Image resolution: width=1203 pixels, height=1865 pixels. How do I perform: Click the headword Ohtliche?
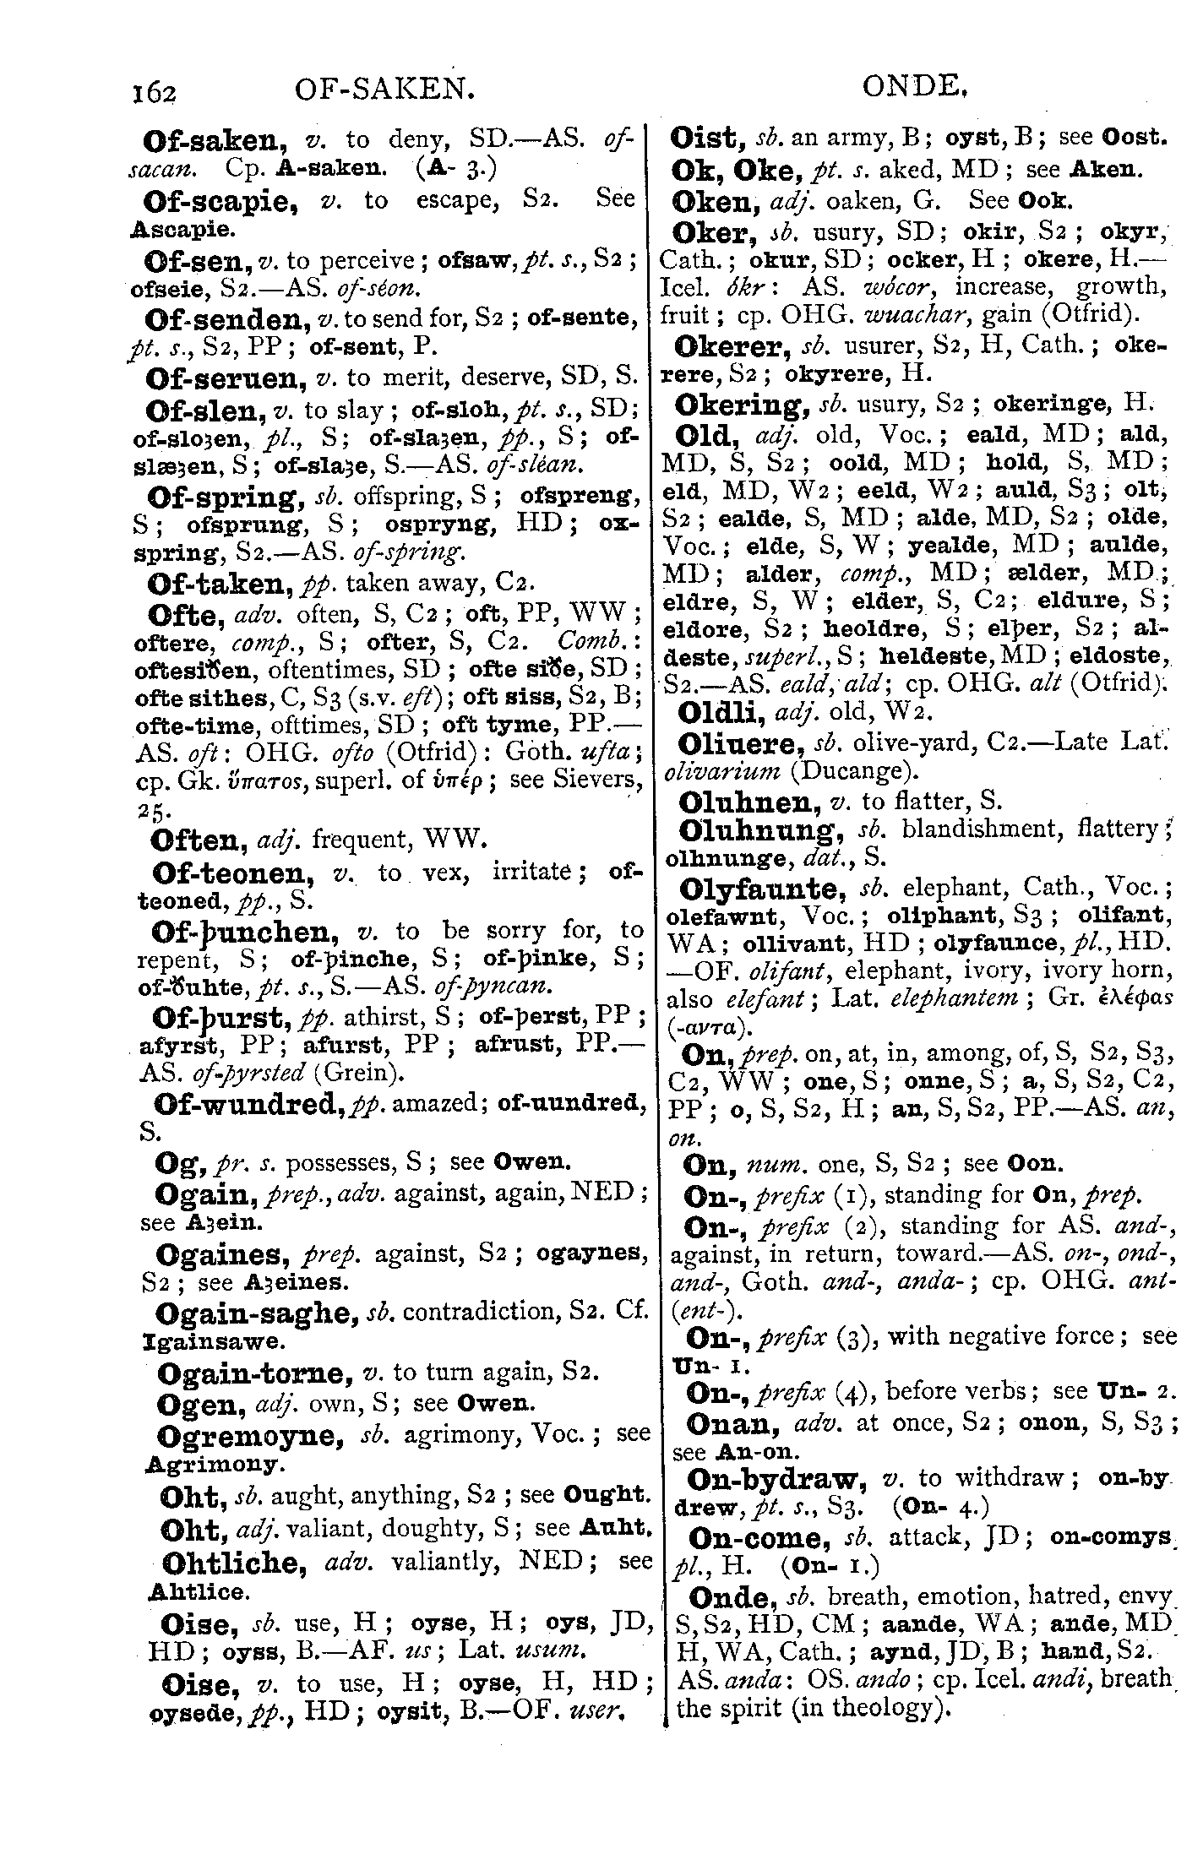(x=233, y=1563)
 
